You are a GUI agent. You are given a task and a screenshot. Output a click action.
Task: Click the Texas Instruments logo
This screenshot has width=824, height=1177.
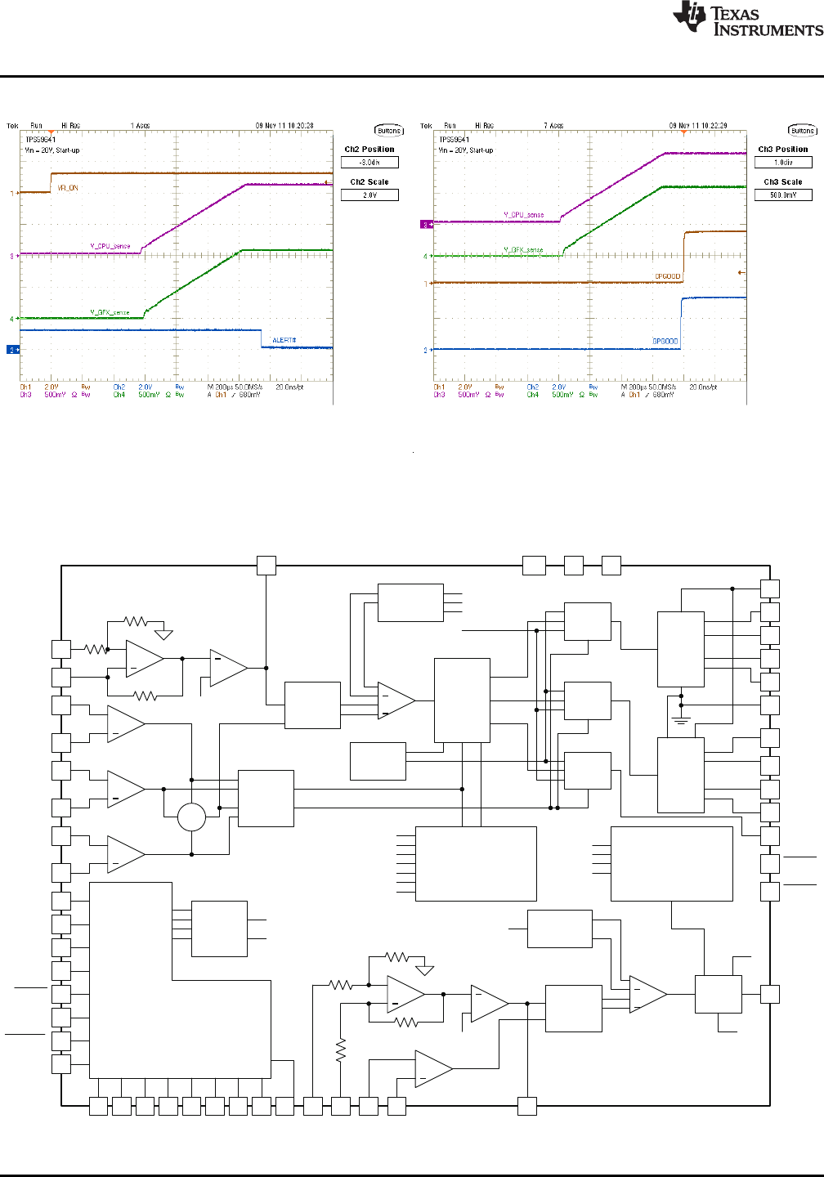click(x=747, y=19)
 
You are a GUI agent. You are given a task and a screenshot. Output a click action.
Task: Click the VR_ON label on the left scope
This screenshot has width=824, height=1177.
click(x=68, y=188)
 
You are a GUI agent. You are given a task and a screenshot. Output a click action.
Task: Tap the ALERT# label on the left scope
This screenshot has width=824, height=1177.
click(x=284, y=340)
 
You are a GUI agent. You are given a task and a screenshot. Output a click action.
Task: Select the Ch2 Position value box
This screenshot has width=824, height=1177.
click(x=369, y=163)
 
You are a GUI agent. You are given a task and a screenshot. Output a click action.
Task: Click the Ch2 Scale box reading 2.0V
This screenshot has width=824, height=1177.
click(x=369, y=195)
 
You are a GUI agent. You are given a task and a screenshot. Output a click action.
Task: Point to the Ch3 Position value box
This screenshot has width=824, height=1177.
click(x=783, y=163)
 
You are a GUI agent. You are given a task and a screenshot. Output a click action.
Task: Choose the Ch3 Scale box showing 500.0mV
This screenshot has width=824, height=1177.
click(x=783, y=195)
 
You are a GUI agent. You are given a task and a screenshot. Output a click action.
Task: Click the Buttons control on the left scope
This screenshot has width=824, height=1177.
click(x=389, y=131)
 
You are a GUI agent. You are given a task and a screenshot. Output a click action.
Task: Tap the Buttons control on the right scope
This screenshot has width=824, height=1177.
click(x=803, y=131)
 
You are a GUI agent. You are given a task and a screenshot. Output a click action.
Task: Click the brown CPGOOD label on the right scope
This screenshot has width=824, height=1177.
click(x=667, y=276)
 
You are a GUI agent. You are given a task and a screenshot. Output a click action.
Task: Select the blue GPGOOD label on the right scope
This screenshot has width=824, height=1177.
click(x=665, y=342)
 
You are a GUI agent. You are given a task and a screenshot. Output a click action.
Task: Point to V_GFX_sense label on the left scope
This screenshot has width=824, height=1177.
click(x=110, y=312)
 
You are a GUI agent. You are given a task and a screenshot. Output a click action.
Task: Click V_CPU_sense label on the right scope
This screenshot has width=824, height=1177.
click(x=523, y=215)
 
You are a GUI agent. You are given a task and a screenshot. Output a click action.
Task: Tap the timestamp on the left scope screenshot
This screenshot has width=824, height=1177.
click(x=284, y=126)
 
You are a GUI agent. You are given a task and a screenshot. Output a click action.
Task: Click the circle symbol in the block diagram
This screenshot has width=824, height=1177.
click(x=191, y=817)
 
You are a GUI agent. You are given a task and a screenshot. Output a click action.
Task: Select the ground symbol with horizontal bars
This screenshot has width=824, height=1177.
click(x=681, y=720)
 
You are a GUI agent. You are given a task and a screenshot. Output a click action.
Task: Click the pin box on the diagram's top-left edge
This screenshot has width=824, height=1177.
click(x=266, y=565)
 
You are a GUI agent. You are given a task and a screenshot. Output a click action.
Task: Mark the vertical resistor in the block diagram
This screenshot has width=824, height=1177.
click(x=341, y=1049)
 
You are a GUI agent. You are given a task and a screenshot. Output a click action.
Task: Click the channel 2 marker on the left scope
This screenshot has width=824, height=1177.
click(x=13, y=350)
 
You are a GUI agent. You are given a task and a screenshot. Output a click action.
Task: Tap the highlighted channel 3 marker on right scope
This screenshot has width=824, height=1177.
click(x=425, y=224)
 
